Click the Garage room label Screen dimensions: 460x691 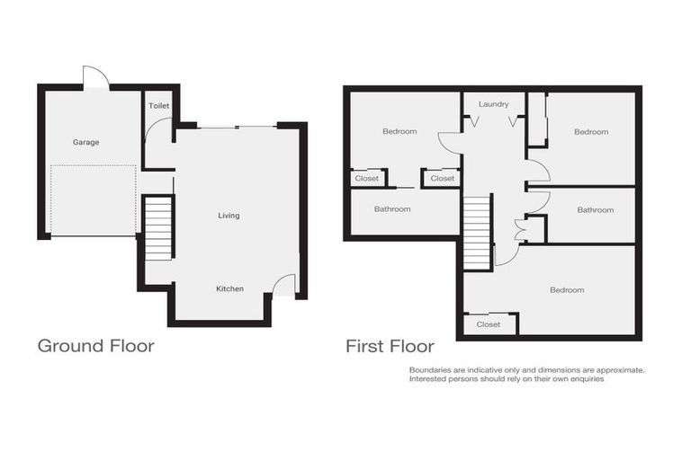[x=86, y=142]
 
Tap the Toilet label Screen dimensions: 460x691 [x=159, y=106]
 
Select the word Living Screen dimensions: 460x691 [x=229, y=216]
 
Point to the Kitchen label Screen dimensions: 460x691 [x=229, y=288]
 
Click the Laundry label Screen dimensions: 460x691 [x=494, y=104]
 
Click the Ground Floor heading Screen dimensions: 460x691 [x=95, y=346]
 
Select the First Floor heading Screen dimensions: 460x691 [x=390, y=346]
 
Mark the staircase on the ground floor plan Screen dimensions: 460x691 [x=158, y=228]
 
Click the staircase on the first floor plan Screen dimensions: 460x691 [x=477, y=232]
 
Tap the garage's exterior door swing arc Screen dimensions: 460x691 [x=95, y=77]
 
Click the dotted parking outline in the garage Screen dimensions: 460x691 [x=94, y=200]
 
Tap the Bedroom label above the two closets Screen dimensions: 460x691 [x=399, y=132]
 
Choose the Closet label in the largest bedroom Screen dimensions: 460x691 [x=489, y=324]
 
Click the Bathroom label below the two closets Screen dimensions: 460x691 [x=392, y=209]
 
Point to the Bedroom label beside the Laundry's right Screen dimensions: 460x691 [x=591, y=132]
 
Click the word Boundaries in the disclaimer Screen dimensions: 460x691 [x=430, y=369]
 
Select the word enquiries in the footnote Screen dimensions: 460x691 [x=583, y=379]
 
